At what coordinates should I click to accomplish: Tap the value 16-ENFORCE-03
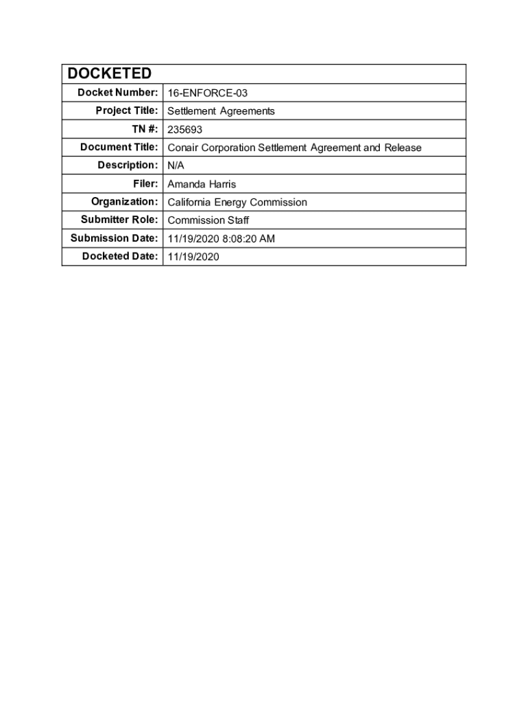point(207,93)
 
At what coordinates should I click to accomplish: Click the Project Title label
point(127,111)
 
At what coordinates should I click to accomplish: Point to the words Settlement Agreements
point(221,111)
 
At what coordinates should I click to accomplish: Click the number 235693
point(185,129)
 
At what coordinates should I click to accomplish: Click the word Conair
point(183,148)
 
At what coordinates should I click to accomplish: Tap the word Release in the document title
point(403,148)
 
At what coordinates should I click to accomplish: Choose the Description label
point(127,165)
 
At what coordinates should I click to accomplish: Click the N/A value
point(176,165)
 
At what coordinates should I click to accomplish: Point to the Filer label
point(145,183)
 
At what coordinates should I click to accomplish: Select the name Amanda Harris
point(202,184)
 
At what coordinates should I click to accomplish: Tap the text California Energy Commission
point(237,202)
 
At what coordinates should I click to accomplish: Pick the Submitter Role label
point(119,220)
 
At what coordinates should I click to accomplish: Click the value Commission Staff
point(208,220)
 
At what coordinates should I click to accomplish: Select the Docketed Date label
point(120,256)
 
